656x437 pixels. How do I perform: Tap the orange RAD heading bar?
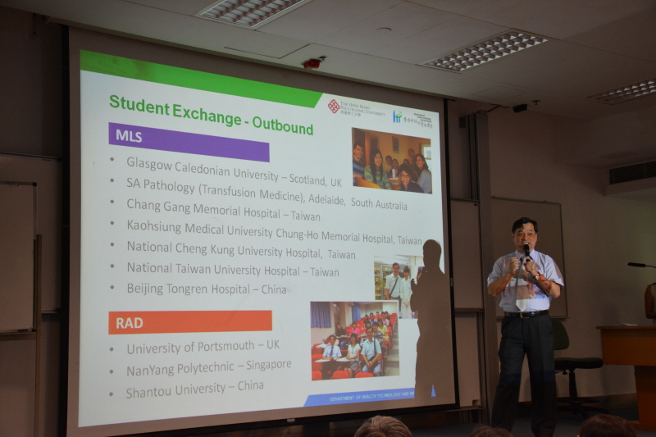189,321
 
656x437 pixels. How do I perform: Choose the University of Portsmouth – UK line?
203,348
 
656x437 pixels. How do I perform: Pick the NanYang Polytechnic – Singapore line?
208,367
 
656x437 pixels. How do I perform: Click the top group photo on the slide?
391,160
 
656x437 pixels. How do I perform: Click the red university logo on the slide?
334,106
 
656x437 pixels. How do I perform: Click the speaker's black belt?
526,313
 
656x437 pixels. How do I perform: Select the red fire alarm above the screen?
312,62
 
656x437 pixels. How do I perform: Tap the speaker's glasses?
524,234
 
